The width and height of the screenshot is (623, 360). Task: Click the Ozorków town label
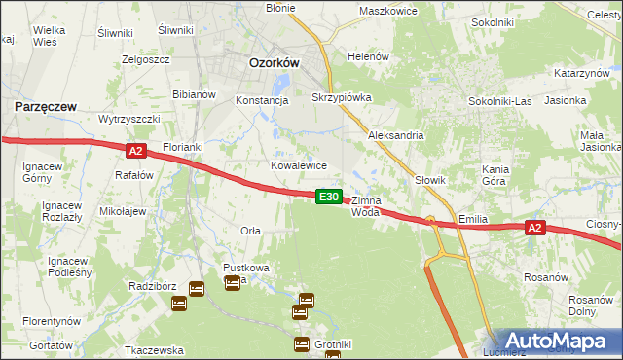click(274, 61)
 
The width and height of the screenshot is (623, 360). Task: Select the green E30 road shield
click(329, 197)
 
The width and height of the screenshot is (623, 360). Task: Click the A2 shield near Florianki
click(135, 151)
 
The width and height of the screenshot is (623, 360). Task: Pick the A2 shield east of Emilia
click(534, 228)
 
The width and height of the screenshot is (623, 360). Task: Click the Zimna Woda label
click(373, 205)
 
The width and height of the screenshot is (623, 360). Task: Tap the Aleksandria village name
click(395, 135)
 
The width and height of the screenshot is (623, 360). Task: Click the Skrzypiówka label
click(341, 98)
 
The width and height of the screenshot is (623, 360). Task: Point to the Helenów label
click(368, 56)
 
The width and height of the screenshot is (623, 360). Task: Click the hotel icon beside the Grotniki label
click(301, 343)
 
